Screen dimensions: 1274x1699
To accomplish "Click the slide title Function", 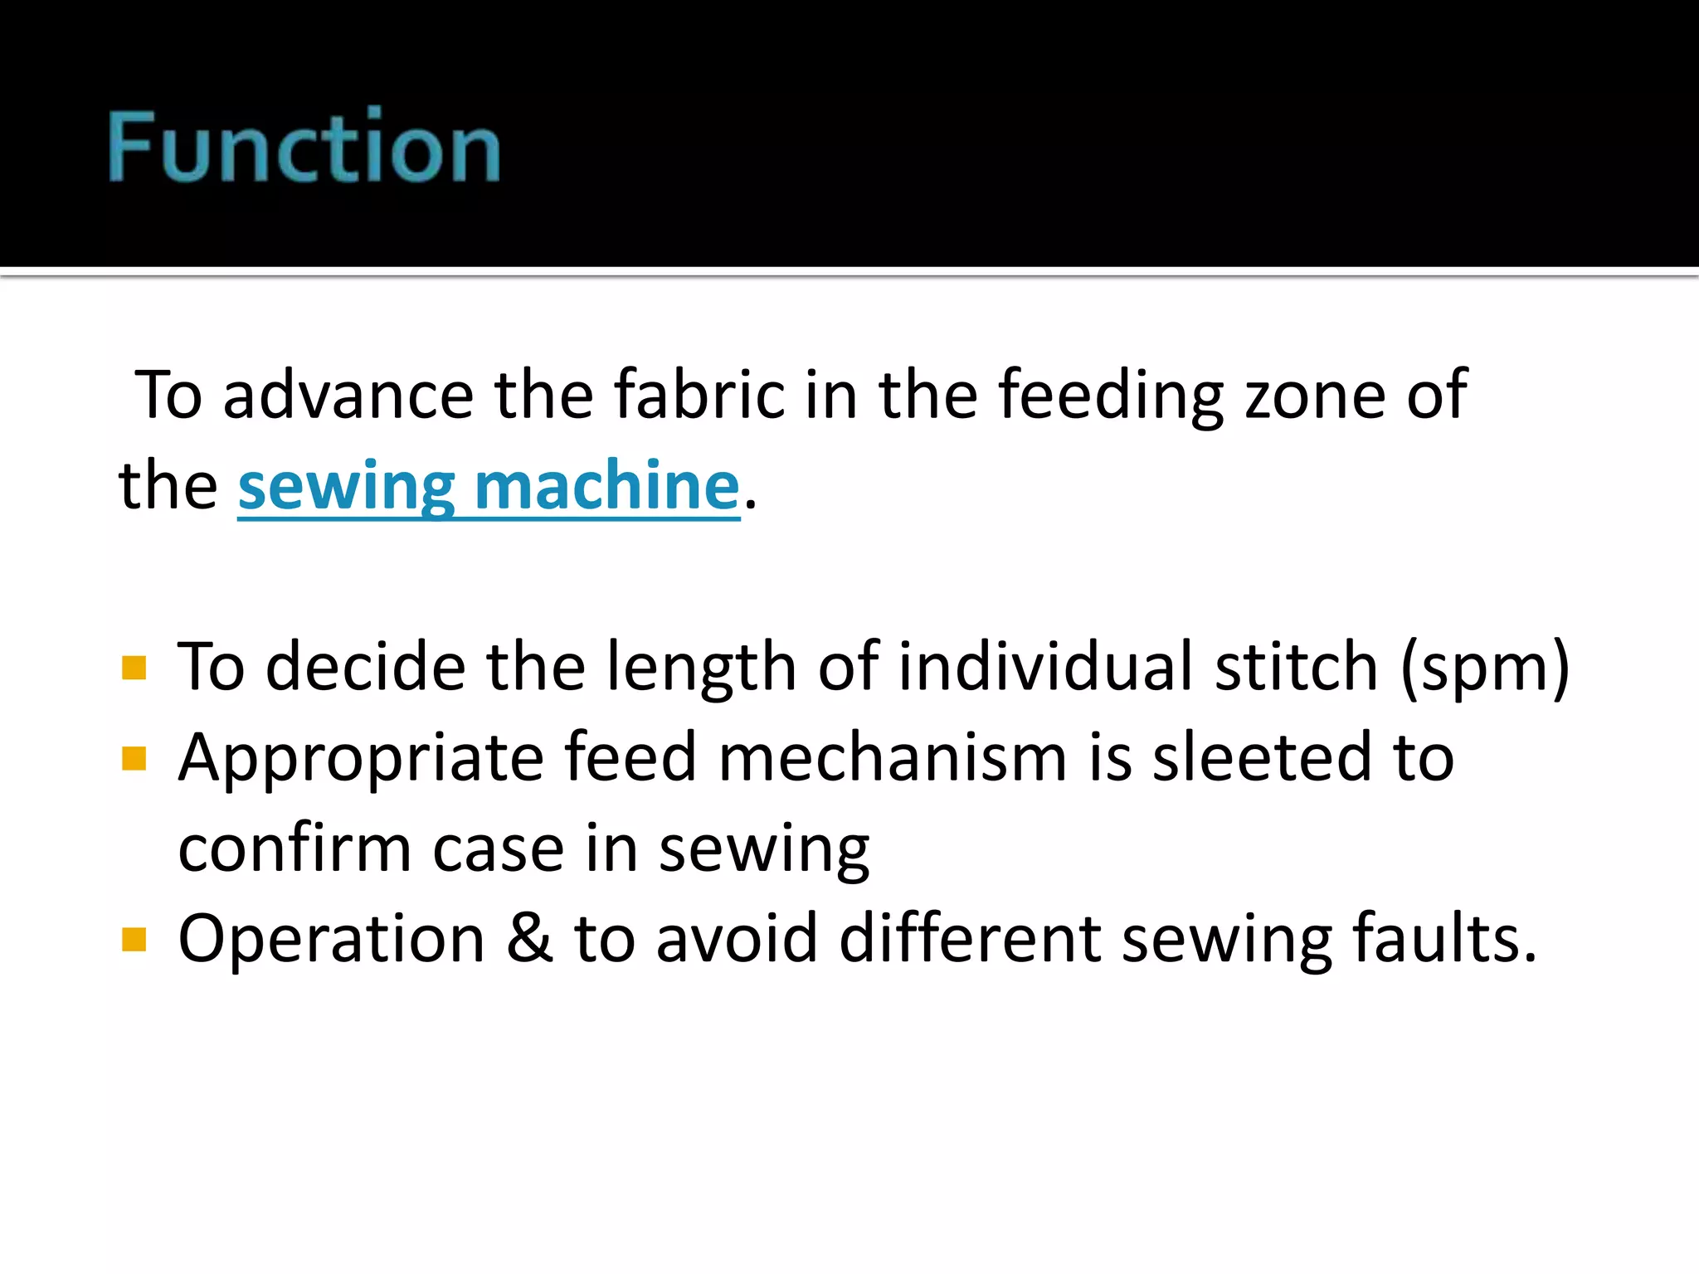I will click(304, 147).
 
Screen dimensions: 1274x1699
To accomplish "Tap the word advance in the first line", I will click(348, 395).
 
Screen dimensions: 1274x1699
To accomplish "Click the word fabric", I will click(699, 395).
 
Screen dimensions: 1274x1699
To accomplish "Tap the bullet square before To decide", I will click(134, 668).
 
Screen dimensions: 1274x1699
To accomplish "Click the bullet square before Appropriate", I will click(134, 758).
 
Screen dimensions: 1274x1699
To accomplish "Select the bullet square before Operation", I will click(134, 940).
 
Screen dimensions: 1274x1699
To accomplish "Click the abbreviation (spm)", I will click(1485, 668).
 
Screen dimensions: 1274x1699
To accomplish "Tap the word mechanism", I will click(892, 758).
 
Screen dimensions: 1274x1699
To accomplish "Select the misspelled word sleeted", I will click(1262, 758).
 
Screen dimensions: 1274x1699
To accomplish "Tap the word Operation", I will click(331, 941).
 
